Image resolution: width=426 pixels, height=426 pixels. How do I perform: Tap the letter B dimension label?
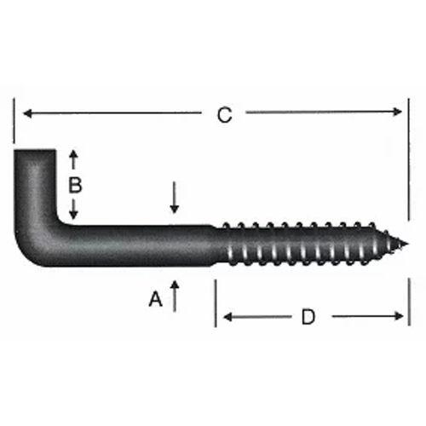coord(75,184)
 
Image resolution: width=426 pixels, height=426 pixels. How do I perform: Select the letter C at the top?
coord(224,114)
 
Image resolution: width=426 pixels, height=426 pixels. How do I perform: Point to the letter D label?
coord(308,317)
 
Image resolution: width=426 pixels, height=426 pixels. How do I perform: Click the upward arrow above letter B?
coord(74,158)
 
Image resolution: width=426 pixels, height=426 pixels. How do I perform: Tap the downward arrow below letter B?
coord(74,209)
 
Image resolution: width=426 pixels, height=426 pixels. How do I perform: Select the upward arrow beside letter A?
coord(175,295)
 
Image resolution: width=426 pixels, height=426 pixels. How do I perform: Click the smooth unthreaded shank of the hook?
coord(145,246)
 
